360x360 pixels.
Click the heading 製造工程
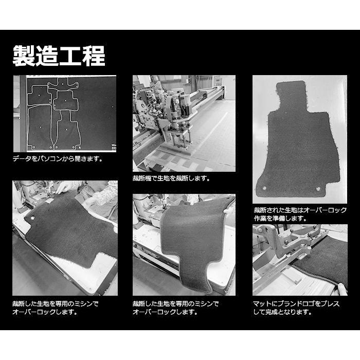[x=59, y=56]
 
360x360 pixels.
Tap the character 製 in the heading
[x=24, y=56]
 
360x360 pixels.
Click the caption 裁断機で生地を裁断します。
[x=171, y=178]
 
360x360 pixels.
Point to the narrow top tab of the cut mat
[x=292, y=95]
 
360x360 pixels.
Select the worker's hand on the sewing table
[x=65, y=188]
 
